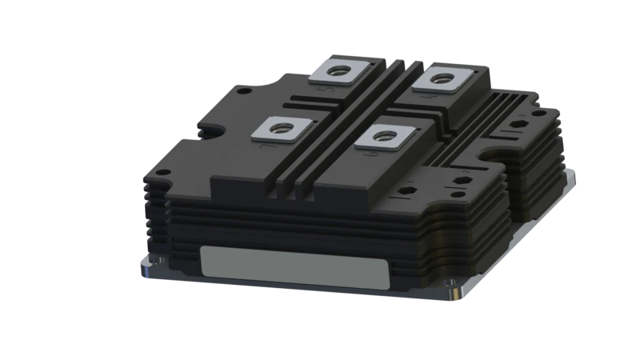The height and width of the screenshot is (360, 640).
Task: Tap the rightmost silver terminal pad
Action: (440, 81)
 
